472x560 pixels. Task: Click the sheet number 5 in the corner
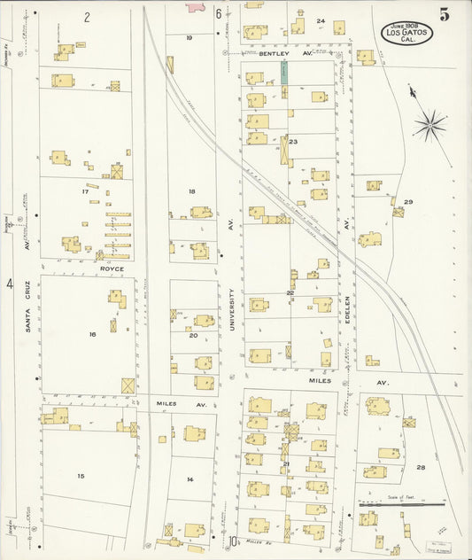point(443,15)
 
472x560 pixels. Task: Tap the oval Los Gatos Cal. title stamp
point(407,34)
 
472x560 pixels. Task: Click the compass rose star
point(430,125)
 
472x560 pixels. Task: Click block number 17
point(85,191)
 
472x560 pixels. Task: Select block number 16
point(91,334)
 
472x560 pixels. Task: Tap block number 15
point(81,476)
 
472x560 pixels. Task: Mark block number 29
point(408,202)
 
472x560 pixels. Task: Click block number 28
point(421,467)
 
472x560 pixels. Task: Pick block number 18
point(191,191)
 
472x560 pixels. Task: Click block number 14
point(190,479)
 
